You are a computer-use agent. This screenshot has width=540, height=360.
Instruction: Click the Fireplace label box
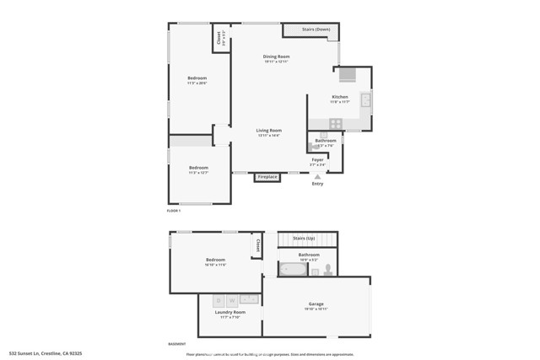click(x=267, y=177)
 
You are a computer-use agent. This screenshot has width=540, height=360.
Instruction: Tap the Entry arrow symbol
click(x=317, y=175)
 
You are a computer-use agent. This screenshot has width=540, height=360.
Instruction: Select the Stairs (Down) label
click(x=310, y=30)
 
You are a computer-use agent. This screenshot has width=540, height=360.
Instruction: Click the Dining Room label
click(x=276, y=56)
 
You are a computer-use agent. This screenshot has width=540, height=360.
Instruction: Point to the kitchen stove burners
click(x=335, y=123)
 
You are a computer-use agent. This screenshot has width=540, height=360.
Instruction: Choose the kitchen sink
click(x=365, y=100)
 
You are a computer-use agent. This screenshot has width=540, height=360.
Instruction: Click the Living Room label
click(x=269, y=131)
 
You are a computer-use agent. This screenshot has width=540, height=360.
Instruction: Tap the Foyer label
click(x=317, y=159)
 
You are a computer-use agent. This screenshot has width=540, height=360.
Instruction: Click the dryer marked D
click(x=217, y=299)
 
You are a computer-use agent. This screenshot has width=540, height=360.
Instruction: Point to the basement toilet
click(x=328, y=270)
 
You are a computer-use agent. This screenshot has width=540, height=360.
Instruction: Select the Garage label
click(x=316, y=304)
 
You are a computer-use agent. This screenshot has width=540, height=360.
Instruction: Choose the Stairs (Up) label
click(x=304, y=239)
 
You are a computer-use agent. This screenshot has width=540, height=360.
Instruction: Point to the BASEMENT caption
click(x=176, y=344)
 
